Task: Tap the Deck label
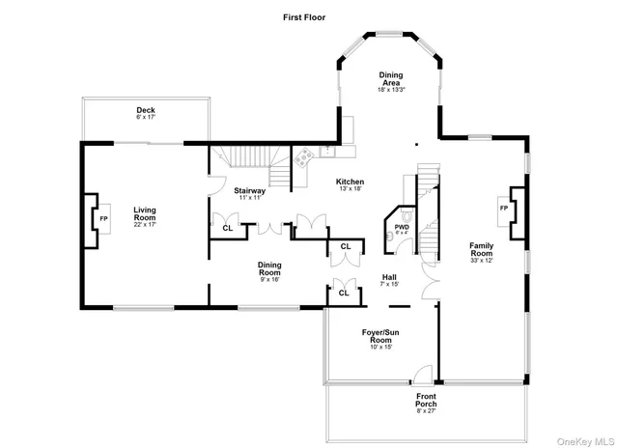145,110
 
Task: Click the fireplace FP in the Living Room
103,220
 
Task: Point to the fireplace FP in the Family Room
503,209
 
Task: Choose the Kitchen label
350,182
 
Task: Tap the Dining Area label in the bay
390,80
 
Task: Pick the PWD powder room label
401,227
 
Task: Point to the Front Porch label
426,402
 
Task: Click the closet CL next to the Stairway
227,228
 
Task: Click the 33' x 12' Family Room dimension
481,261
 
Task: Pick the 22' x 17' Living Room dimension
145,225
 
